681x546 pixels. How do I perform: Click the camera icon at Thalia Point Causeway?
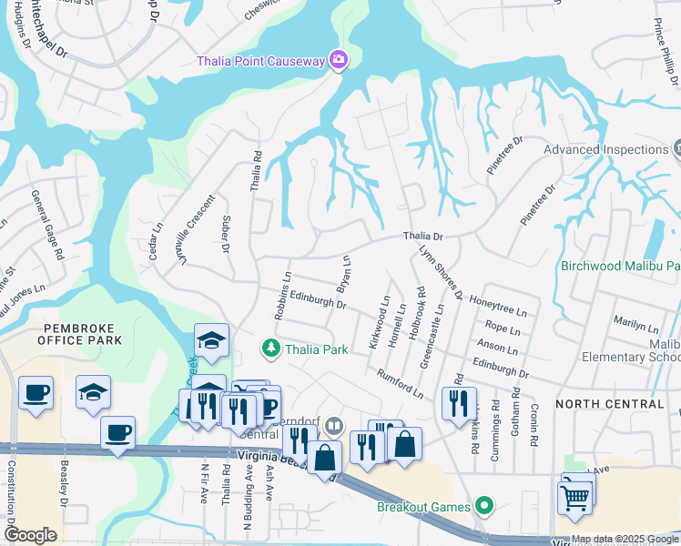pos(339,60)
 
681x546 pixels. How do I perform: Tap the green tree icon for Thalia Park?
pos(269,348)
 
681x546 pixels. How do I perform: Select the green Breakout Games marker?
pos(484,506)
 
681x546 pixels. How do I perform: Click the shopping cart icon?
pos(574,497)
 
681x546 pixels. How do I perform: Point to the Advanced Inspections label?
pos(605,149)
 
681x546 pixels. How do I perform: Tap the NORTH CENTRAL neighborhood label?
pos(609,403)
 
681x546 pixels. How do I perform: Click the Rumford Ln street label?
pos(401,382)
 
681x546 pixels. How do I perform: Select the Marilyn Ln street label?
pos(635,325)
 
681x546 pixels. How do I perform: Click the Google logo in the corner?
pos(30,535)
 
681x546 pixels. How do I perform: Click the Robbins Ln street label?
pos(281,296)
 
